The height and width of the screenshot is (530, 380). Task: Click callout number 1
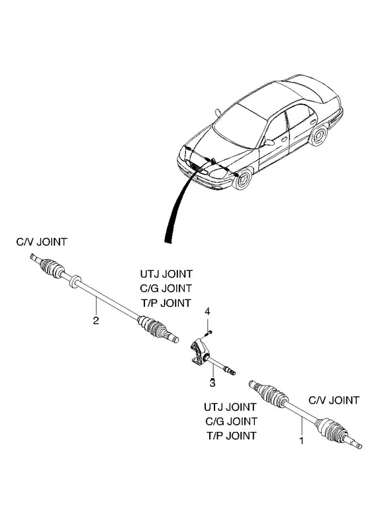pyautogui.click(x=301, y=441)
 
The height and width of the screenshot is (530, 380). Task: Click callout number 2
pyautogui.click(x=96, y=320)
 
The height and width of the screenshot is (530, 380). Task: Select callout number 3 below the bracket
pyautogui.click(x=213, y=383)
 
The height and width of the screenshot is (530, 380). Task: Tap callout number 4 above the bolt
pyautogui.click(x=208, y=311)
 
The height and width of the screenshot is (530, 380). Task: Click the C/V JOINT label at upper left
pyautogui.click(x=42, y=242)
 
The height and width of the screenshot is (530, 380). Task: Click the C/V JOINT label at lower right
pyautogui.click(x=334, y=400)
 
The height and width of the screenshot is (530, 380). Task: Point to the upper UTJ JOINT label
pyautogui.click(x=166, y=274)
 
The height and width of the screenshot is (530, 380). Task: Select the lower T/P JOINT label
pyautogui.click(x=232, y=436)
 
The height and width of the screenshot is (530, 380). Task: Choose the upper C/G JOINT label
pyautogui.click(x=166, y=288)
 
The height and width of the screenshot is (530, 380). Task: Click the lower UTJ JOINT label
pyautogui.click(x=230, y=407)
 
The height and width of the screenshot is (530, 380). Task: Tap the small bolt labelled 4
pyautogui.click(x=207, y=333)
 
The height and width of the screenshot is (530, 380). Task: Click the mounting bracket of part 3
pyautogui.click(x=199, y=353)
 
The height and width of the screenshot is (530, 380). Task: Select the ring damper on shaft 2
pyautogui.click(x=75, y=281)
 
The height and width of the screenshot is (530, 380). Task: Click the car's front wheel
pyautogui.click(x=242, y=180)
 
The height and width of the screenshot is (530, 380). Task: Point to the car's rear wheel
pyautogui.click(x=318, y=135)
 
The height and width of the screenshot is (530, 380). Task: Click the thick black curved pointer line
pyautogui.click(x=179, y=203)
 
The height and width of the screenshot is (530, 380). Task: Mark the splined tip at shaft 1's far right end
pyautogui.click(x=356, y=444)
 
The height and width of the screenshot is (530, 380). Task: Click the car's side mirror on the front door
pyautogui.click(x=269, y=142)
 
